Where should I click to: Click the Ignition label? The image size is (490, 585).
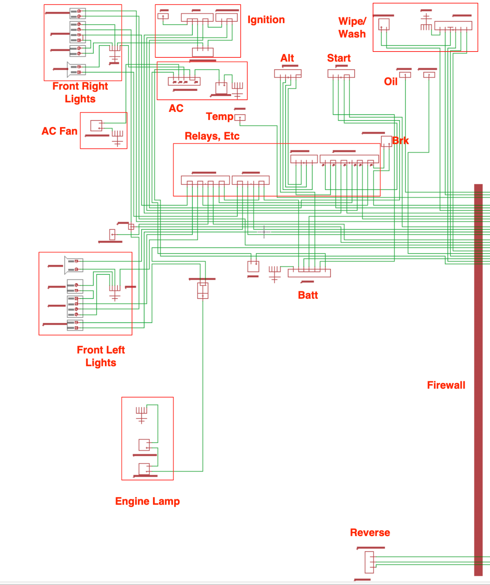pos(266,20)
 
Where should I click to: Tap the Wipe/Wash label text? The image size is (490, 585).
pos(352,28)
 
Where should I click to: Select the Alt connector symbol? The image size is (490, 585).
pos(288,73)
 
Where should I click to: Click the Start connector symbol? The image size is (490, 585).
pos(341,73)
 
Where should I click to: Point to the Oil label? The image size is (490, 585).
pos(391,82)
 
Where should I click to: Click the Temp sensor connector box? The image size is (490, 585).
pos(240,118)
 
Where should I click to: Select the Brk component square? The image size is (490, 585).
pos(386,141)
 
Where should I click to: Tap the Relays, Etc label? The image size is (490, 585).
pos(212,136)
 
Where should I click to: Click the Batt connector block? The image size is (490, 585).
pos(309,273)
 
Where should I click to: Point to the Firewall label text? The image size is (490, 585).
pos(446,385)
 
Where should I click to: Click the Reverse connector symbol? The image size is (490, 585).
pos(369,562)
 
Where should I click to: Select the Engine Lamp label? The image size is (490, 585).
pos(147,501)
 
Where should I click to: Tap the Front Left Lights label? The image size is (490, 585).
pos(101,356)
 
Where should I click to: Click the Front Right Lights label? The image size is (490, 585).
pos(80,93)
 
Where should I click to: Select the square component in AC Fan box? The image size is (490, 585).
pos(96,125)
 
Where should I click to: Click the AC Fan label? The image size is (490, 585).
pos(60,131)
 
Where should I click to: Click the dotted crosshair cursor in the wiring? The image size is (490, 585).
pos(264,232)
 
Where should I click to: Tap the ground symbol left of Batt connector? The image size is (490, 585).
pos(274,274)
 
